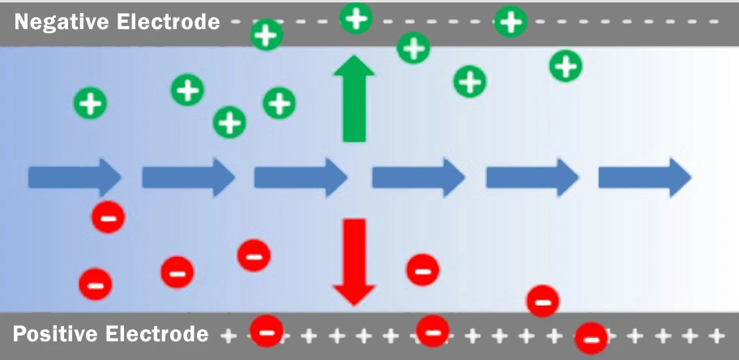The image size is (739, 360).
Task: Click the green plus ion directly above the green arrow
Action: point(355,17)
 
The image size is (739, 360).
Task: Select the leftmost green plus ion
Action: point(90,104)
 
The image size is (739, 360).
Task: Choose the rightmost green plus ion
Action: point(566,66)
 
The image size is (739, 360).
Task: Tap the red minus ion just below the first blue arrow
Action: point(108,216)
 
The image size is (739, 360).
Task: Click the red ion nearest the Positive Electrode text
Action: point(267,331)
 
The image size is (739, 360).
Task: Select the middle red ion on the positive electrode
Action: point(432,331)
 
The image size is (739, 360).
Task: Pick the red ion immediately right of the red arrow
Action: point(422,269)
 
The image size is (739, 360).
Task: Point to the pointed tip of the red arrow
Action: point(354,304)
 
